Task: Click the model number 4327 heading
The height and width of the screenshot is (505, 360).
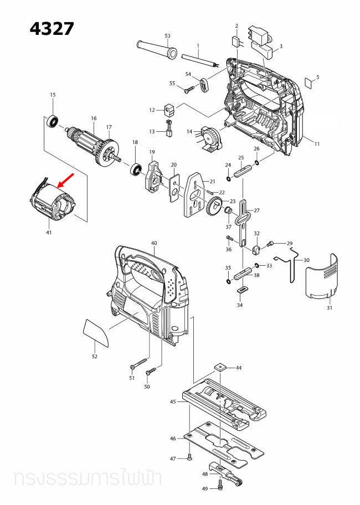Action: point(52,29)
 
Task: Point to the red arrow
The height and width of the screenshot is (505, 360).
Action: point(65,181)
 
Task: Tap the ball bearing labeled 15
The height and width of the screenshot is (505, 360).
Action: point(53,122)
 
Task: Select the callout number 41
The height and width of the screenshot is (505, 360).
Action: point(49,233)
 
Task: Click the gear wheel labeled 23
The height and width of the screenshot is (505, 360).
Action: point(214,207)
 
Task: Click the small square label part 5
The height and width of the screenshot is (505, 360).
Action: point(310,82)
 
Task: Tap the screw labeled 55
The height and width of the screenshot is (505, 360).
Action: point(189,89)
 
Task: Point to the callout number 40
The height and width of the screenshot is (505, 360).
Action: point(154,243)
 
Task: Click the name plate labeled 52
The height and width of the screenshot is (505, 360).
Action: point(96,332)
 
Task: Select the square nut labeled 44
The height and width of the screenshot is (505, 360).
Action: point(220,367)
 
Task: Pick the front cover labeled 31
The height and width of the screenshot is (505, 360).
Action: point(321,277)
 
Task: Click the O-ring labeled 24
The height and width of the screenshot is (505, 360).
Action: point(228,179)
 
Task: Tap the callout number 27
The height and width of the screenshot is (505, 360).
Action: point(256,210)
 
